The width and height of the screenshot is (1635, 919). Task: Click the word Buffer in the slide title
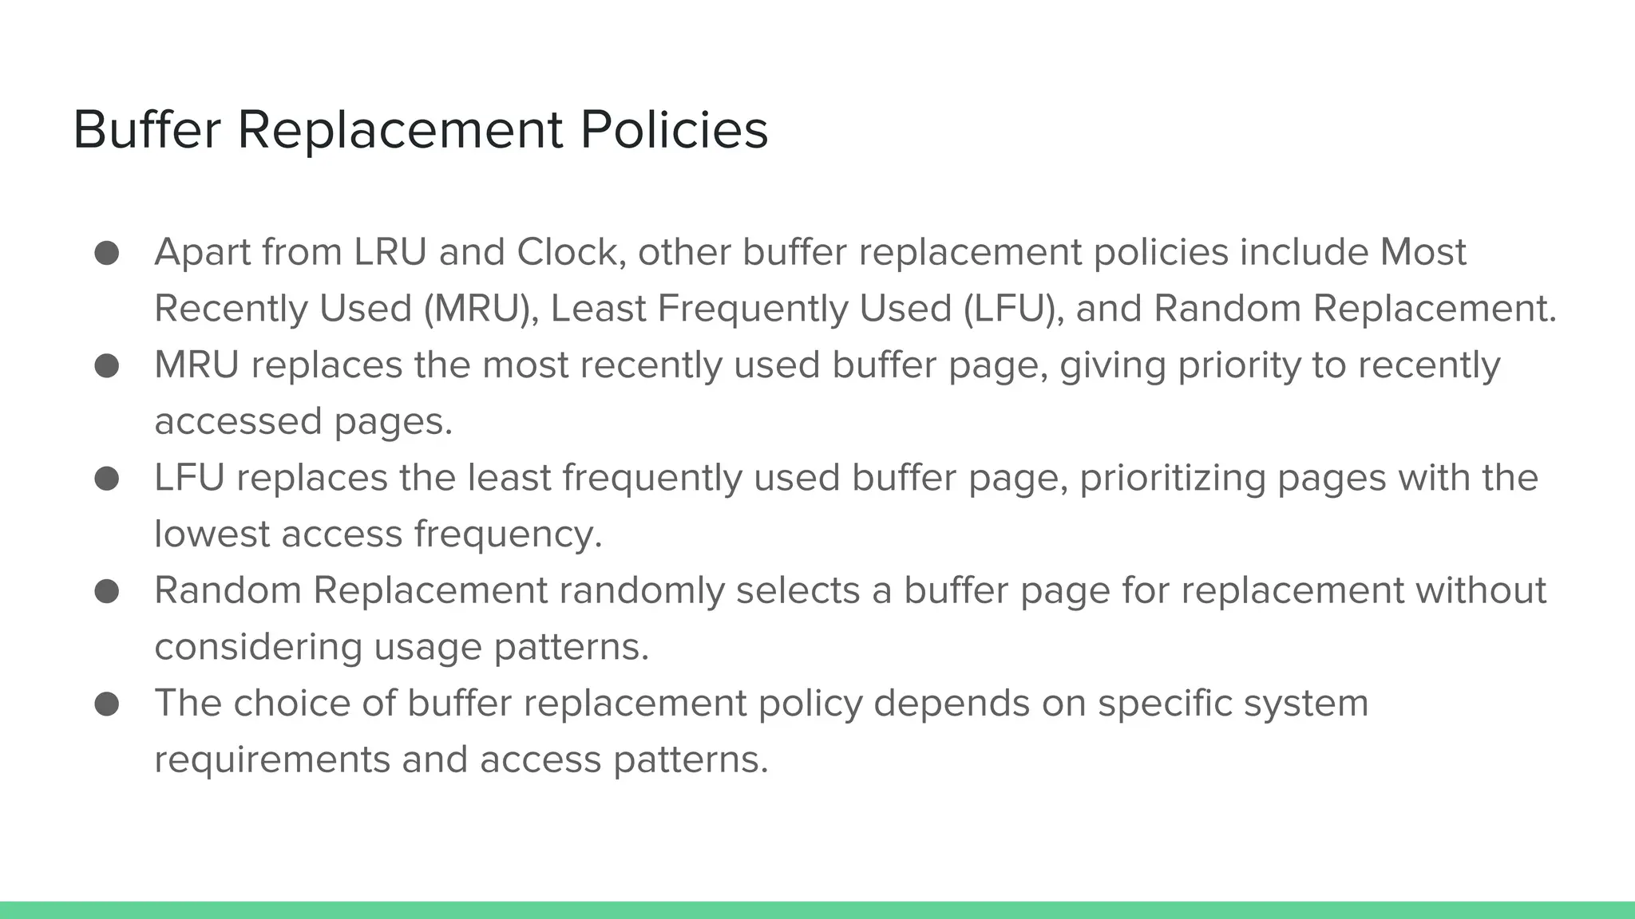pos(147,129)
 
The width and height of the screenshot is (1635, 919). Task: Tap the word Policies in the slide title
pos(674,129)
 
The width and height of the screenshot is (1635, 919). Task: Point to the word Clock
pos(570,252)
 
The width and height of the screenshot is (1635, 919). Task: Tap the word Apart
pos(202,252)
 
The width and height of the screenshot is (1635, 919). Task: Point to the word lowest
pos(212,534)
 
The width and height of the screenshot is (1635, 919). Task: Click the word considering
pos(259,647)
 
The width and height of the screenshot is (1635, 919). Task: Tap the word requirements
pos(271,760)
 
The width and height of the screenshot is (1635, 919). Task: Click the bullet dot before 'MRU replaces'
pos(107,366)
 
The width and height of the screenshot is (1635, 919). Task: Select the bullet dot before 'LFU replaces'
pos(107,479)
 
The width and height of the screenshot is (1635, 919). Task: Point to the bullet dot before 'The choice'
pos(107,704)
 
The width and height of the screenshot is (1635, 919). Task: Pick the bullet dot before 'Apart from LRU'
pos(107,253)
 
